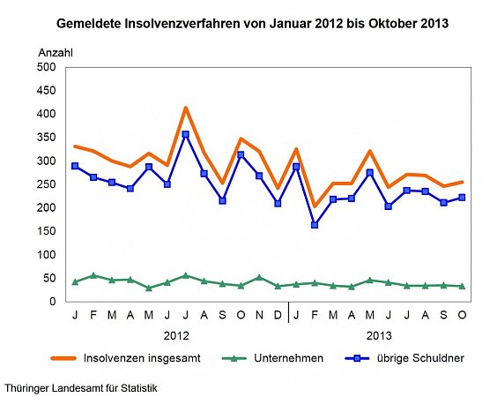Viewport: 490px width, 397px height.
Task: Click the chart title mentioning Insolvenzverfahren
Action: pyautogui.click(x=252, y=21)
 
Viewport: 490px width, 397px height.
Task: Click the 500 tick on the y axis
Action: pyautogui.click(x=46, y=67)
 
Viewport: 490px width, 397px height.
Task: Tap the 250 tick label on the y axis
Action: pyautogui.click(x=46, y=184)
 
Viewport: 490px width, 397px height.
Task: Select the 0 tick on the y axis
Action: pyautogui.click(x=52, y=302)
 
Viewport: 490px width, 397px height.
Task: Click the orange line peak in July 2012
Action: pyautogui.click(x=185, y=108)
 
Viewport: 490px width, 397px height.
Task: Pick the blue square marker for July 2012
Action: pyautogui.click(x=185, y=135)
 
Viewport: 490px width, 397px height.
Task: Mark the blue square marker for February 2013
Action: pyautogui.click(x=315, y=225)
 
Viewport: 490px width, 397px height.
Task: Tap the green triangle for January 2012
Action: pyautogui.click(x=75, y=281)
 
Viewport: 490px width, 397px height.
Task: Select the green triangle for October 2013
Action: pyautogui.click(x=462, y=286)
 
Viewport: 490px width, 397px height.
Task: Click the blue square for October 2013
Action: pyautogui.click(x=462, y=198)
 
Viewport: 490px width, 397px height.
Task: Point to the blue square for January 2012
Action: pyautogui.click(x=75, y=166)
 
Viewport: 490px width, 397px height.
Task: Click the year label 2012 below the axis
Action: pyautogui.click(x=176, y=336)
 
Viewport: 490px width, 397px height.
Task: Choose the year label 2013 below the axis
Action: pyautogui.click(x=379, y=336)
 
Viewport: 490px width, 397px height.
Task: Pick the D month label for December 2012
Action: pyautogui.click(x=278, y=315)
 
